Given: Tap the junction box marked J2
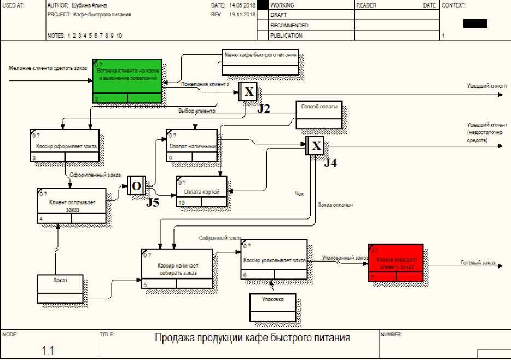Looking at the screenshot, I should pyautogui.click(x=248, y=91).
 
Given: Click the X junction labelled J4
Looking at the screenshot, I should pyautogui.click(x=316, y=146).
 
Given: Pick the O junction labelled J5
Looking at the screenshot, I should pyautogui.click(x=136, y=186).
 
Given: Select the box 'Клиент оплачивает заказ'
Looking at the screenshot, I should pyautogui.click(x=71, y=206).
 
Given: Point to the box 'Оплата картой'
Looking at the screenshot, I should pyautogui.click(x=201, y=191).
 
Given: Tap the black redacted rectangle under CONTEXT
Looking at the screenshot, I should pyautogui.click(x=474, y=24).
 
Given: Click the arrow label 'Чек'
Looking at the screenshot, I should pyautogui.click(x=299, y=193).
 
